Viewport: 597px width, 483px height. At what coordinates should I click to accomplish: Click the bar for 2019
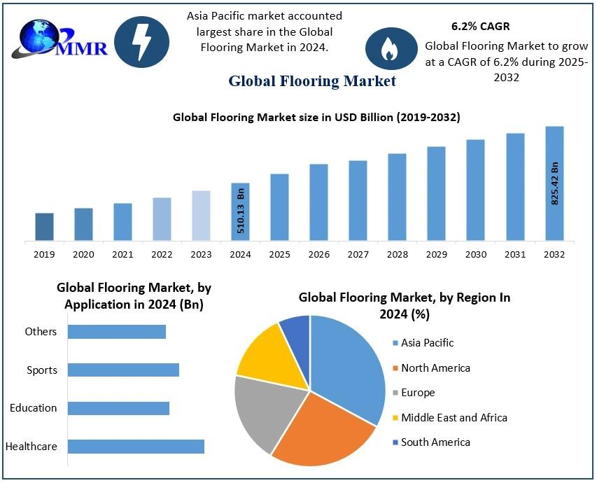[x=44, y=227]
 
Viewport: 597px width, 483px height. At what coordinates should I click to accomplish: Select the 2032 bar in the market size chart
[x=554, y=183]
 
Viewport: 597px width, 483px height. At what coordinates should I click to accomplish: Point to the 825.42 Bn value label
[x=555, y=183]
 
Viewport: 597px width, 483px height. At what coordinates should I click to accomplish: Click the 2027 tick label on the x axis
[x=358, y=255]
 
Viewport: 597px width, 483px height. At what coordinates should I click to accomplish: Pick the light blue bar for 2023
[x=201, y=216]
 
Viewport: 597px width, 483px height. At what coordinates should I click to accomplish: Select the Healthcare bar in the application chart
[x=136, y=447]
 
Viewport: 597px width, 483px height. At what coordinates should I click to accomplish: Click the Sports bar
[x=123, y=370]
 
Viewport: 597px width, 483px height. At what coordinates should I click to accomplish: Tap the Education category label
[x=34, y=408]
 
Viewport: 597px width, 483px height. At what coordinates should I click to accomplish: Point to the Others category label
[x=41, y=332]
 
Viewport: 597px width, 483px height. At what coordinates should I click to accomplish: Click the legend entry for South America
[x=435, y=442]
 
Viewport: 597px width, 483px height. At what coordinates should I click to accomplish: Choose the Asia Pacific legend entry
[x=427, y=343]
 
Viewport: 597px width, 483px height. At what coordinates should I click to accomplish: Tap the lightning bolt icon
[x=141, y=41]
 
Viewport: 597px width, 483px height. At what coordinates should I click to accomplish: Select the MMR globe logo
[x=40, y=39]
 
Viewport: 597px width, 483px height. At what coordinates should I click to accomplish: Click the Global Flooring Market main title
[x=312, y=81]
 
